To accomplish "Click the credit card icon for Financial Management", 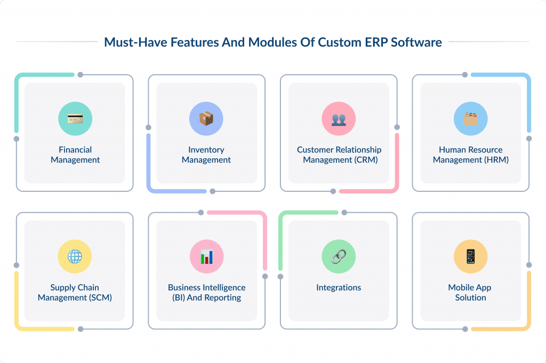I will pyautogui.click(x=75, y=119).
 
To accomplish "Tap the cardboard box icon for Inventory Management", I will pyautogui.click(x=206, y=119).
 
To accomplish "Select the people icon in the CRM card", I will pyautogui.click(x=339, y=119).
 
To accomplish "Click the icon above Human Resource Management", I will pyautogui.click(x=470, y=119).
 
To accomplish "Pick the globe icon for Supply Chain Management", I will pyautogui.click(x=75, y=256).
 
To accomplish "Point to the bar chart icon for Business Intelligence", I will pyautogui.click(x=206, y=256).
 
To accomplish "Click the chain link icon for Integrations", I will pyautogui.click(x=339, y=256).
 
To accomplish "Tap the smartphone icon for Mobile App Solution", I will pyautogui.click(x=470, y=256).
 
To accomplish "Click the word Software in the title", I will pyautogui.click(x=416, y=43).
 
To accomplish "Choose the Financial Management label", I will pyautogui.click(x=75, y=155).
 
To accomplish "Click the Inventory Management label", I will pyautogui.click(x=206, y=155).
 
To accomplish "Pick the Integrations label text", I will pyautogui.click(x=339, y=287).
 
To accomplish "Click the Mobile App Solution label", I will pyautogui.click(x=470, y=292).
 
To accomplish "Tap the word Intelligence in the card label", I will pyautogui.click(x=221, y=287).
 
